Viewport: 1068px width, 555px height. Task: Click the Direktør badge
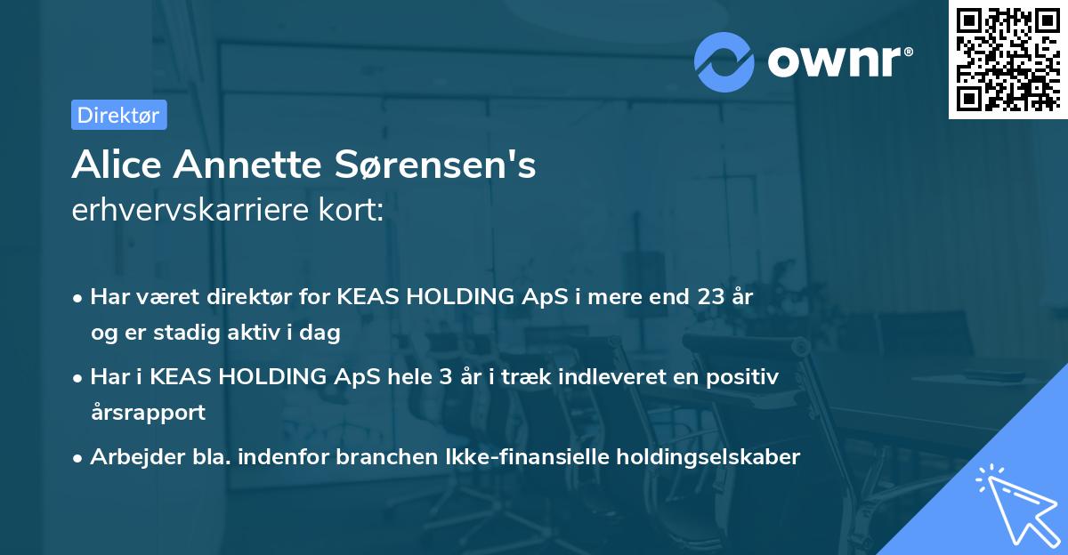point(118,115)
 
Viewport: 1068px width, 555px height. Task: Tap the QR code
point(1007,60)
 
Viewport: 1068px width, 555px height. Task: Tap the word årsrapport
point(148,413)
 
